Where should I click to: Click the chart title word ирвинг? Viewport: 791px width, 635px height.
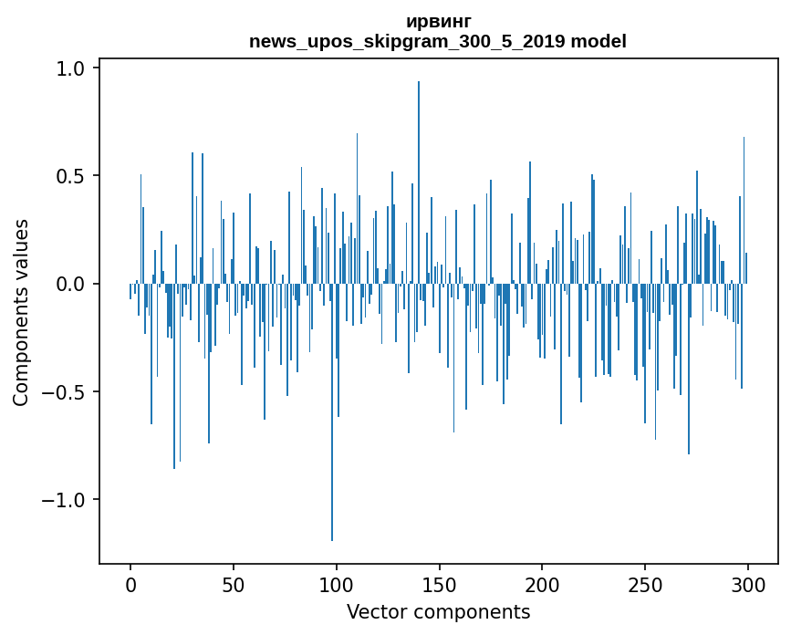point(439,21)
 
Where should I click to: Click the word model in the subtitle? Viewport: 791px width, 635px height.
point(598,41)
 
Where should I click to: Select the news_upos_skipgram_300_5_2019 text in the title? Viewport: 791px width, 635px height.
point(407,41)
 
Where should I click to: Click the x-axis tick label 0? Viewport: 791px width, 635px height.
point(130,586)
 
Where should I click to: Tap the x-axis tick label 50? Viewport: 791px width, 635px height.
point(233,586)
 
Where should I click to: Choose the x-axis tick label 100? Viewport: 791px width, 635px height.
point(336,586)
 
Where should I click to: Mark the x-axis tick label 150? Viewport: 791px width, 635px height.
point(439,586)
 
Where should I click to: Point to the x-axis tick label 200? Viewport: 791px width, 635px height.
point(542,586)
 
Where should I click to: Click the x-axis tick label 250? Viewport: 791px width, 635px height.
point(645,586)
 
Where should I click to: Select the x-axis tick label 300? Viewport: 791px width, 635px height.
point(747,586)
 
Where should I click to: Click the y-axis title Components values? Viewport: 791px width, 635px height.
point(21,313)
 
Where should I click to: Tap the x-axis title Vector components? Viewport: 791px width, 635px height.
point(438,612)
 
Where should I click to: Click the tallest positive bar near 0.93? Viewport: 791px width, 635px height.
point(419,182)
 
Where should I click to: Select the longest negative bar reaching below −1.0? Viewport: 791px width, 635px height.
point(332,412)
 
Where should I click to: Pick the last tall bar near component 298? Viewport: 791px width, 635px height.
point(744,211)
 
